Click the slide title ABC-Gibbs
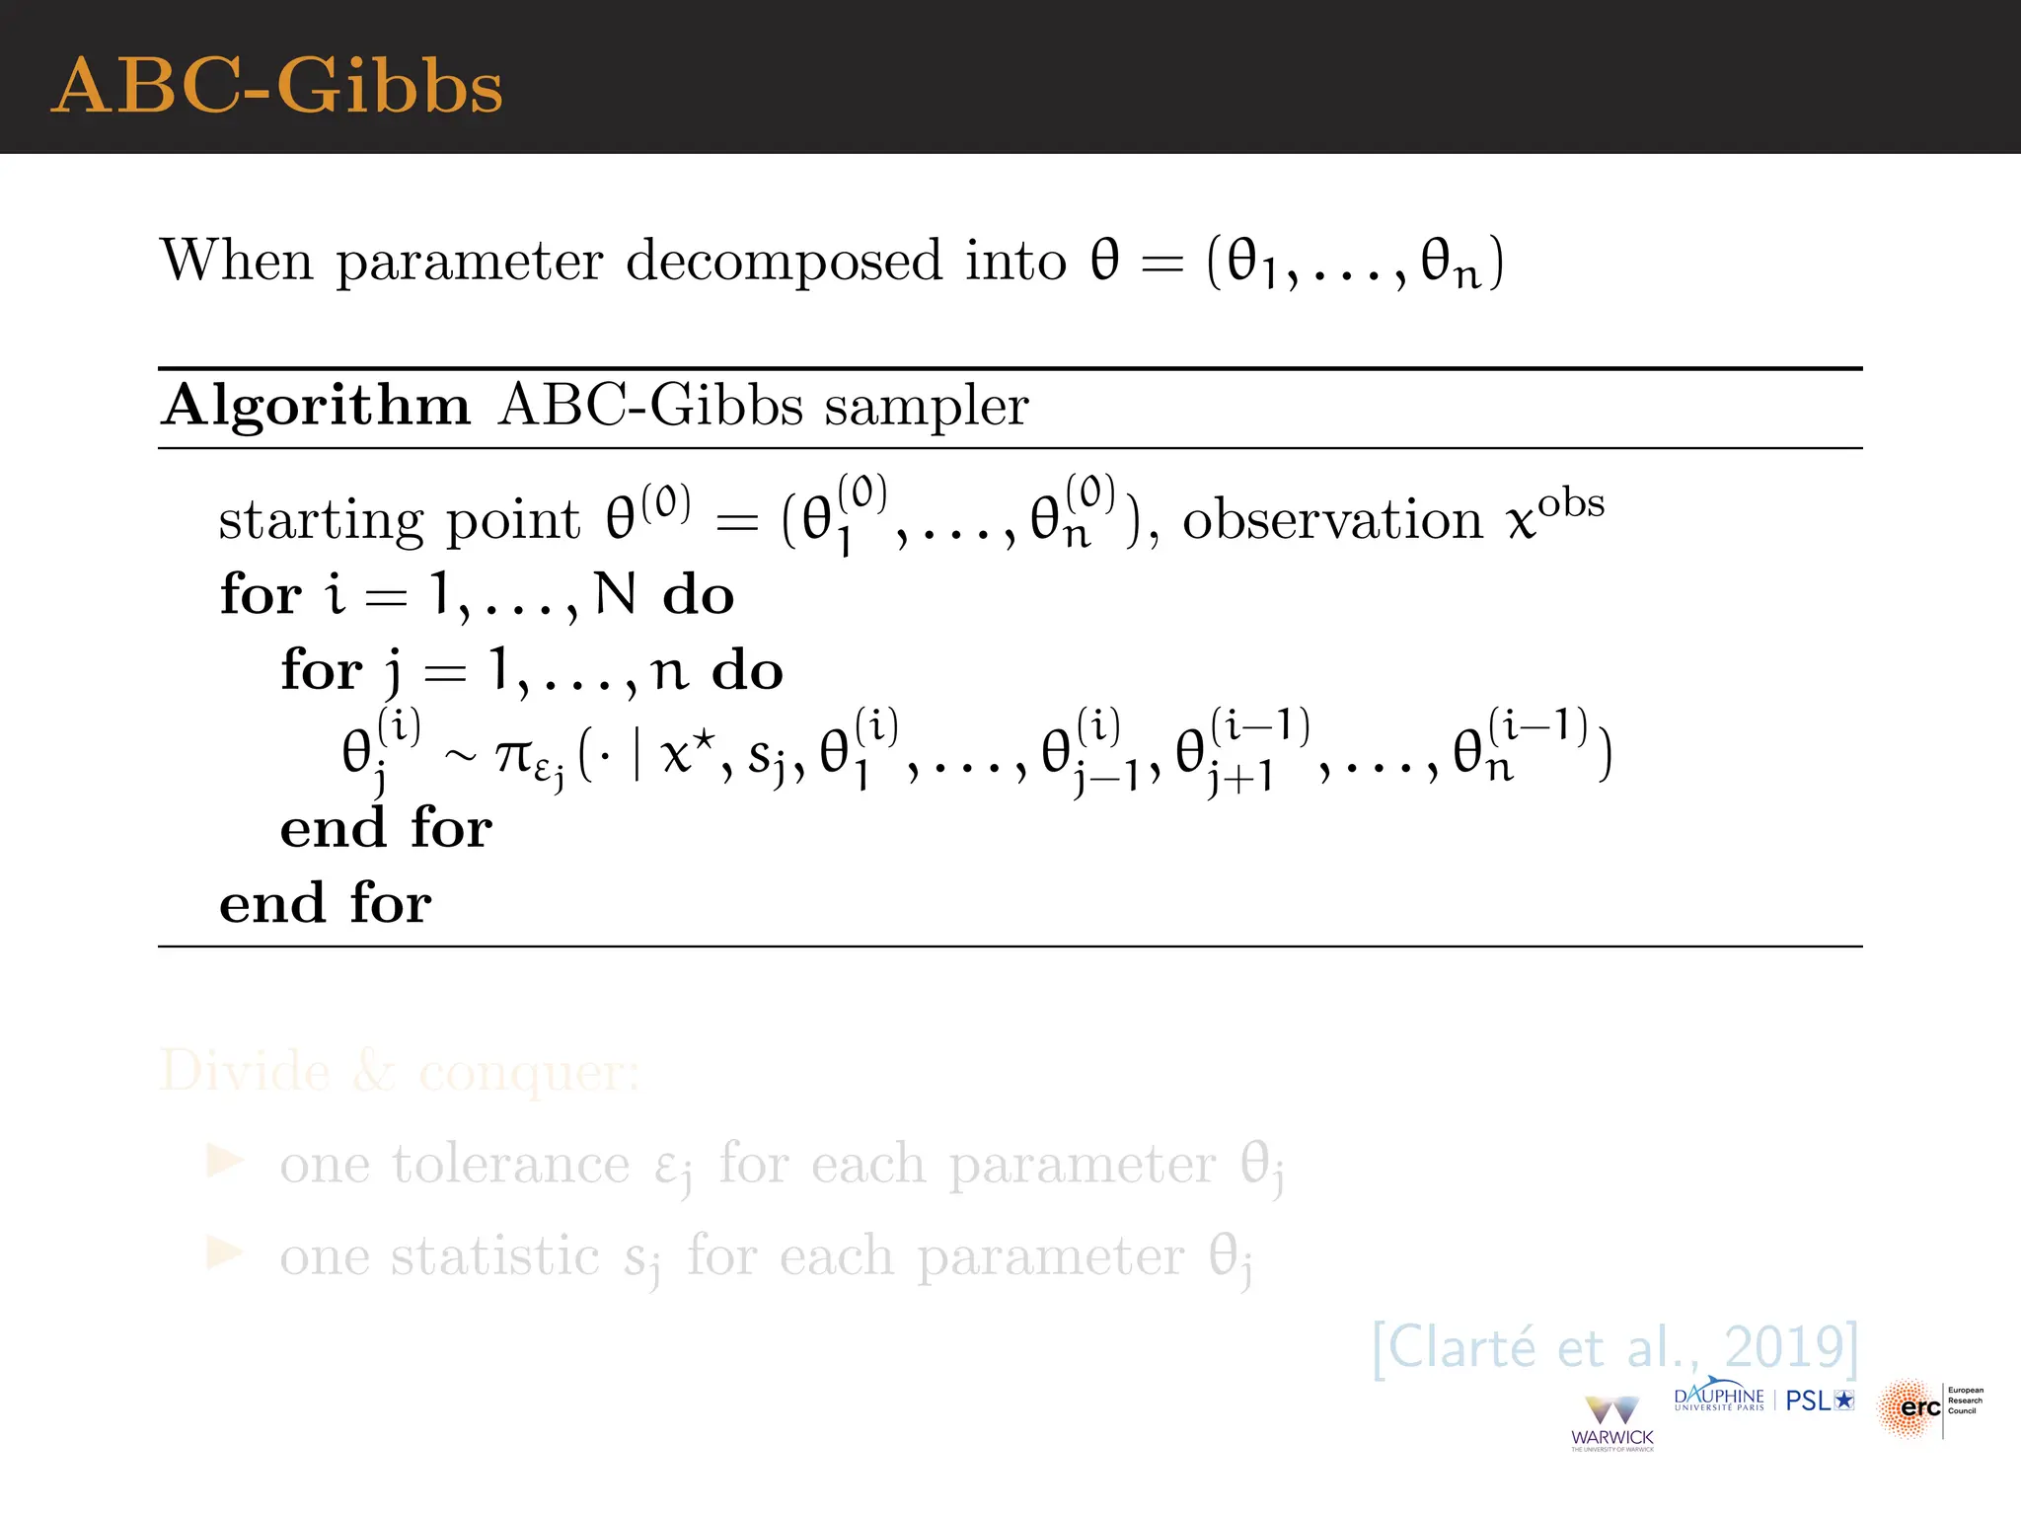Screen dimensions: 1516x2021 (277, 86)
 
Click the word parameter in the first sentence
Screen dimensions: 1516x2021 (469, 264)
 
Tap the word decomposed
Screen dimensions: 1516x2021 (784, 262)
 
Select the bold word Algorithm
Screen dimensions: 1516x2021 (316, 406)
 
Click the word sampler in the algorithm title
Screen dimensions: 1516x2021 (927, 408)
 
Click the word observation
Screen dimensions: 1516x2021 (1332, 520)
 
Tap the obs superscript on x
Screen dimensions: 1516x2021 (1571, 503)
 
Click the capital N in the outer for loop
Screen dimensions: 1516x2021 (615, 594)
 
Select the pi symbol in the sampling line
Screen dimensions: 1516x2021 (514, 755)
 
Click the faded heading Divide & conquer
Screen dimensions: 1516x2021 (400, 1072)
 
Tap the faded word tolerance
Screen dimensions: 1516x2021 (510, 1164)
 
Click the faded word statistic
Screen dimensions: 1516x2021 (494, 1256)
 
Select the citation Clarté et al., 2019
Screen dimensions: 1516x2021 (1615, 1347)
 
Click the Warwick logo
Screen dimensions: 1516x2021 (1612, 1422)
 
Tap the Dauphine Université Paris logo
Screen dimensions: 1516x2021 (1719, 1398)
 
